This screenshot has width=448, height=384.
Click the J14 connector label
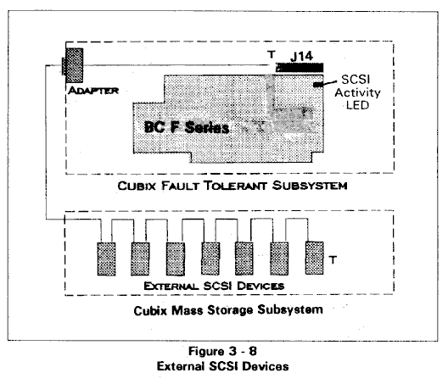pyautogui.click(x=302, y=56)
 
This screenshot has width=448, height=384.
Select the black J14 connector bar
pyautogui.click(x=300, y=68)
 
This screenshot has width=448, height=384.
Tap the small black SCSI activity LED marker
pyautogui.click(x=318, y=85)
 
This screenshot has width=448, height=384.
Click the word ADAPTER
pyautogui.click(x=93, y=91)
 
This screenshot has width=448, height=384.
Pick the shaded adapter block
pyautogui.click(x=74, y=65)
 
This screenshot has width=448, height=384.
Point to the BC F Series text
pyautogui.click(x=187, y=127)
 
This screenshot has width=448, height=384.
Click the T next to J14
pyautogui.click(x=272, y=54)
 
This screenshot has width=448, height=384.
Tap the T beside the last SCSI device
pyautogui.click(x=333, y=259)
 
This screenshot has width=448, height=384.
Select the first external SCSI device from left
pyautogui.click(x=107, y=259)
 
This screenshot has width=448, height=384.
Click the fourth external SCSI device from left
pyautogui.click(x=210, y=259)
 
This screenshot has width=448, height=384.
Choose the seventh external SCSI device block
pyautogui.click(x=315, y=258)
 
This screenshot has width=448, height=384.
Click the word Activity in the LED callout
pyautogui.click(x=357, y=92)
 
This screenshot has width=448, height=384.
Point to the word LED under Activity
pyautogui.click(x=357, y=105)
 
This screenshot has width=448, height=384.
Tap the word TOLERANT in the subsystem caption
pyautogui.click(x=236, y=186)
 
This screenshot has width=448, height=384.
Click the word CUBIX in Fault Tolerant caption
pyautogui.click(x=137, y=186)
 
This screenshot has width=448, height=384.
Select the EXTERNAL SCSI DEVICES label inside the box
pyautogui.click(x=214, y=286)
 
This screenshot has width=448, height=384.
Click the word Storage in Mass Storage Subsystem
pyautogui.click(x=230, y=310)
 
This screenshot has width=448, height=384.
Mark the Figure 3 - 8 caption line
pyautogui.click(x=222, y=351)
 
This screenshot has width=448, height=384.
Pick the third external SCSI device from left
pyautogui.click(x=176, y=259)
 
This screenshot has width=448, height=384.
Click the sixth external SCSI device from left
pyautogui.click(x=279, y=259)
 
